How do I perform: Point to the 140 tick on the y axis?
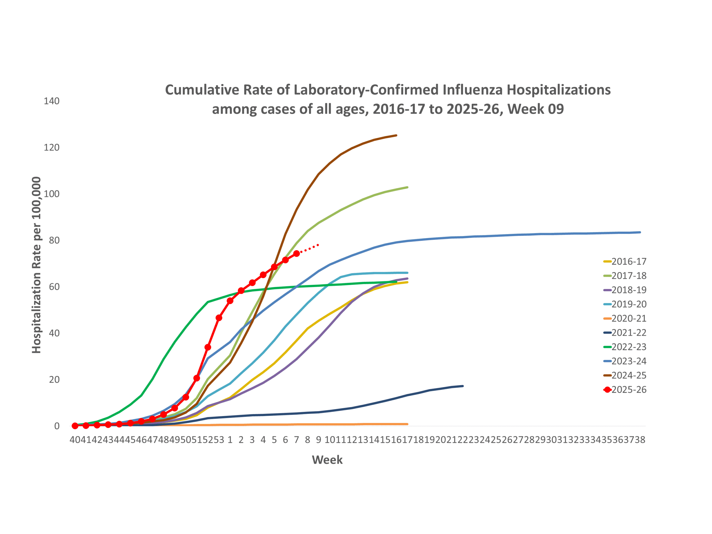51,101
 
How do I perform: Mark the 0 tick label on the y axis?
57,426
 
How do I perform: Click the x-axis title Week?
327,460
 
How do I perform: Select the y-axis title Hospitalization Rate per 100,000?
36,264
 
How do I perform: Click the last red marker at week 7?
296,254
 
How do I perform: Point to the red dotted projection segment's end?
318,245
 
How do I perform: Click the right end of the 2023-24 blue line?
640,232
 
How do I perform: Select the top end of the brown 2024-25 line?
396,135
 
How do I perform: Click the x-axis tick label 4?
263,440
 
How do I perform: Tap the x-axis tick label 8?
307,440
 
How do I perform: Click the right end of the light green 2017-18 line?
407,187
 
